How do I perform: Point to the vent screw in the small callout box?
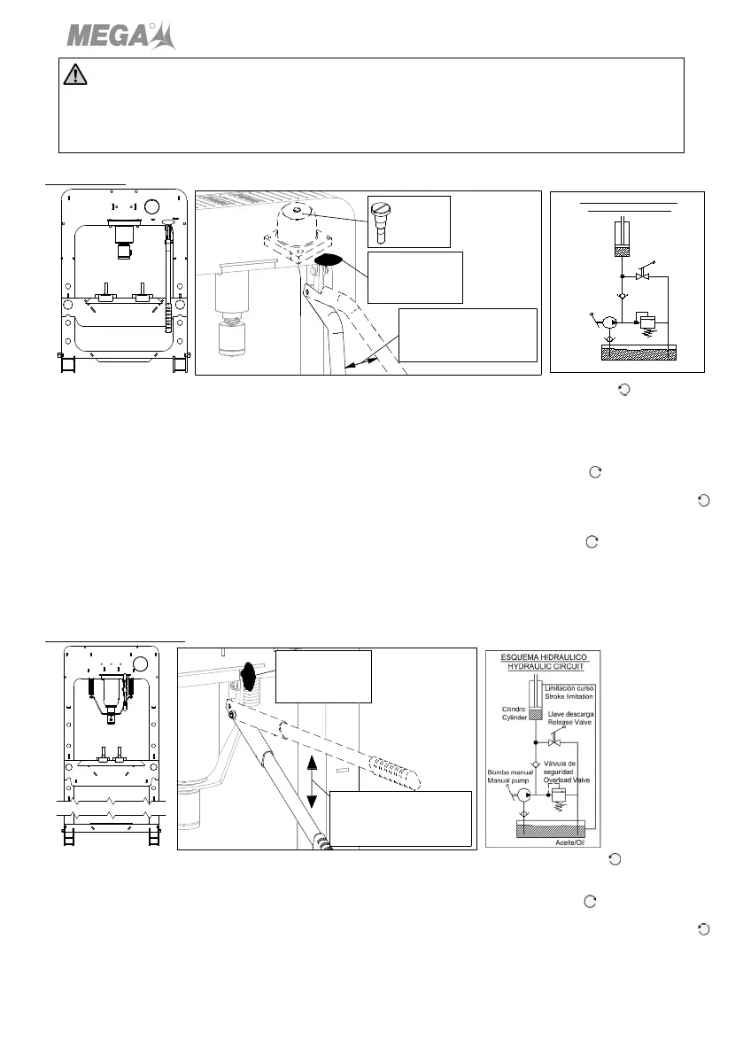point(382,220)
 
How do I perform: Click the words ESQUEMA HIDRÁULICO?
point(543,658)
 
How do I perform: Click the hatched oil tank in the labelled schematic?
point(549,831)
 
